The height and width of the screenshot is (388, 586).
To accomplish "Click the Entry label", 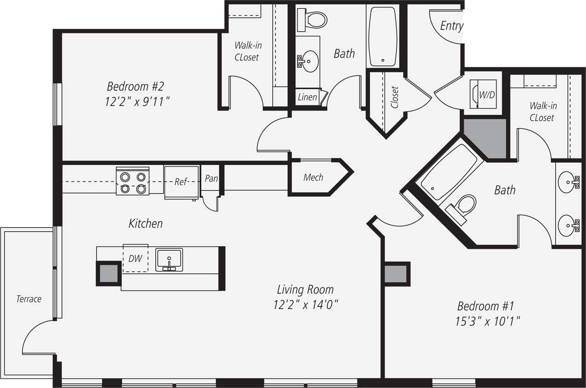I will (x=451, y=26).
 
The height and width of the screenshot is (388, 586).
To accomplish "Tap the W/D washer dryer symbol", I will (x=482, y=94).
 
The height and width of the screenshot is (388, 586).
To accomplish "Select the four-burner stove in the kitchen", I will (x=133, y=182).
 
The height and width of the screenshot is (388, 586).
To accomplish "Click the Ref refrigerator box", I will (x=181, y=182).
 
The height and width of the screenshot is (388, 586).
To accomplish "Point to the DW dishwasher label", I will (x=135, y=259).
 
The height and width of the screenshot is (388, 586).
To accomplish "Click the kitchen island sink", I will (x=169, y=259).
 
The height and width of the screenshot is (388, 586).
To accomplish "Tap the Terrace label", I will (x=29, y=299).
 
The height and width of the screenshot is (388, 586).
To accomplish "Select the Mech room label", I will (x=313, y=177).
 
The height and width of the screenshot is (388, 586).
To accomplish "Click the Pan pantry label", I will (x=211, y=178).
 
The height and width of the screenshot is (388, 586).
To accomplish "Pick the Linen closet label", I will (x=307, y=97).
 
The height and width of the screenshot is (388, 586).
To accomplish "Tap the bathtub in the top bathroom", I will (x=383, y=36).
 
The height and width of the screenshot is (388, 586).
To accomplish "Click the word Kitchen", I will (x=145, y=224).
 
